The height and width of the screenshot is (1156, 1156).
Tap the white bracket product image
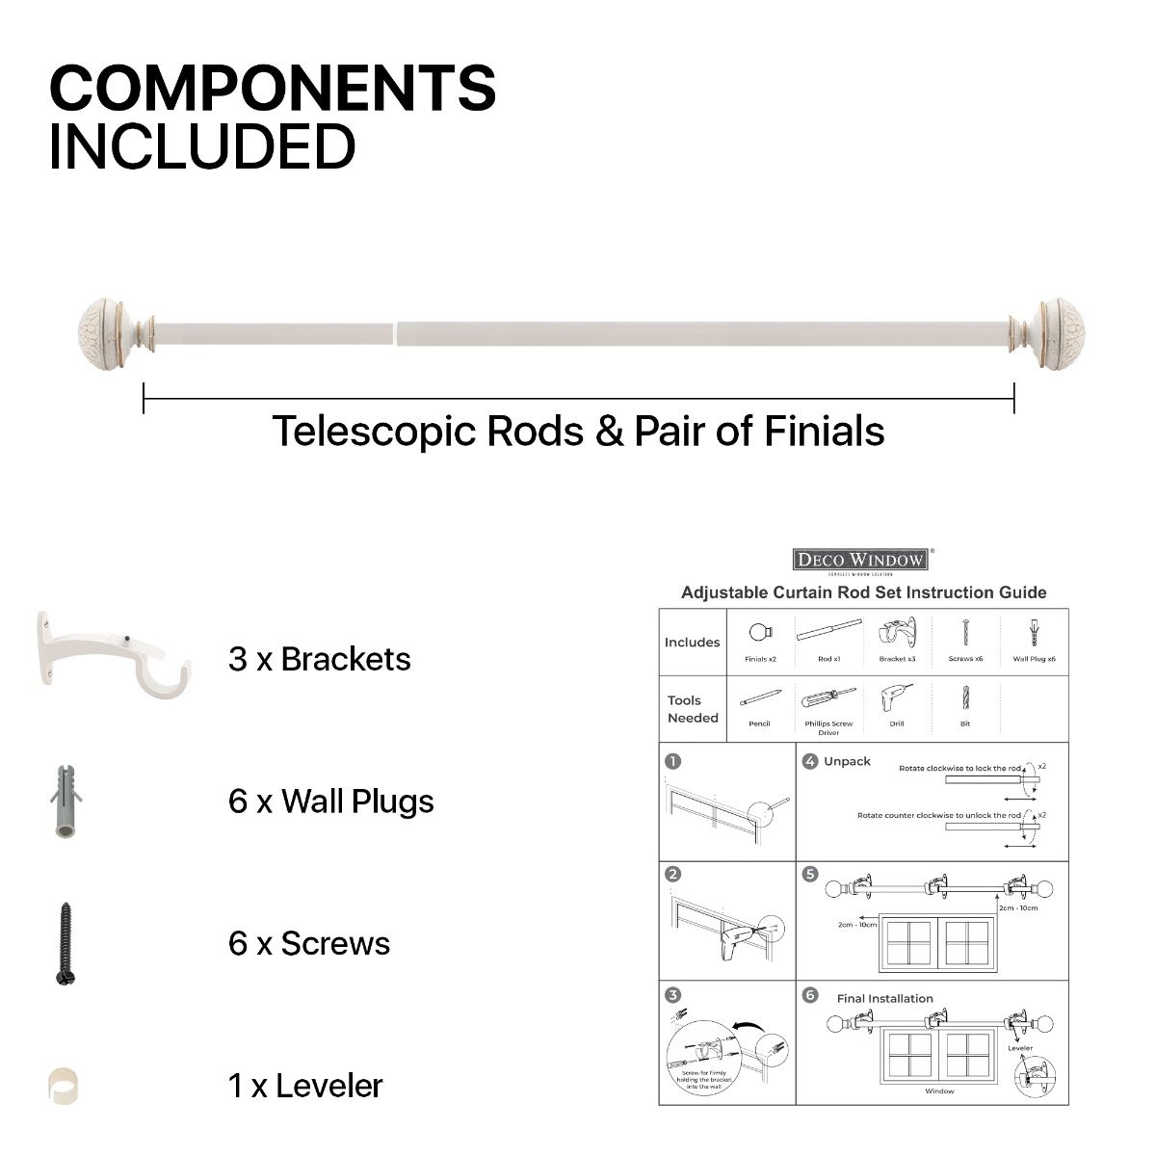coord(112,655)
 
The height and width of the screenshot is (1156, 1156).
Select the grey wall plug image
coord(65,801)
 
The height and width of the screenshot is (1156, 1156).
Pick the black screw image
coord(65,943)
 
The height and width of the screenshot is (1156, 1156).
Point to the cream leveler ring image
coord(63,1086)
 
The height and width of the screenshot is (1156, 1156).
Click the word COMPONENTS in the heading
coord(273,89)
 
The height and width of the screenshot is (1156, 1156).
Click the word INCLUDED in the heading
coord(202,146)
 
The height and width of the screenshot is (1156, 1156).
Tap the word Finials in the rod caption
coord(825,431)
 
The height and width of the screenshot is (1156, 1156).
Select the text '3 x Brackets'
coord(319,660)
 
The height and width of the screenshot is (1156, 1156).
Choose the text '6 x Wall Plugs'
coord(330,801)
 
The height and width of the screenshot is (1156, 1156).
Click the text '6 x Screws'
coord(309,943)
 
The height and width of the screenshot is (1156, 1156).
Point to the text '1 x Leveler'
coord(305,1086)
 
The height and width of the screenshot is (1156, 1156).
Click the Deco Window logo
coord(861,560)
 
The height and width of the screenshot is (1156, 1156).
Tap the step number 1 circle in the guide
coord(673,761)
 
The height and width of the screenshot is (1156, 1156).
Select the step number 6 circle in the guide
coord(810,996)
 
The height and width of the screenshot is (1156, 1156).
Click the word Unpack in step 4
coord(847,761)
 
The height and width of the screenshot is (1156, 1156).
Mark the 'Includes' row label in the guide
coord(692,643)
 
